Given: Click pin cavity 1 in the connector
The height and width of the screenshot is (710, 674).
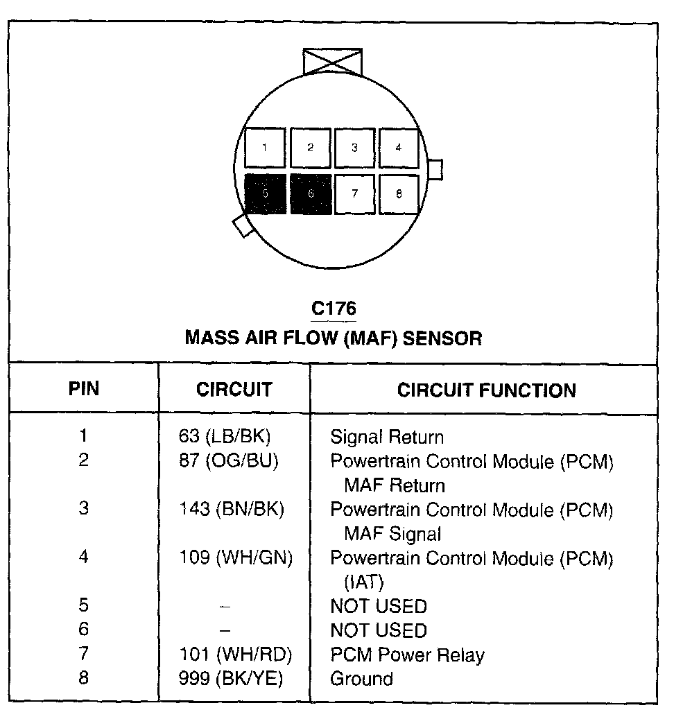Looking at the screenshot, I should (265, 148).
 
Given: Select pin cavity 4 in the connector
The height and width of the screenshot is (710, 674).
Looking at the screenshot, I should (399, 148).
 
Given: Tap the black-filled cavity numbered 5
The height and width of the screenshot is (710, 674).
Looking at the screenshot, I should (265, 194).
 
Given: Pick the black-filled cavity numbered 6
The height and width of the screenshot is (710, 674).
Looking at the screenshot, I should (310, 194).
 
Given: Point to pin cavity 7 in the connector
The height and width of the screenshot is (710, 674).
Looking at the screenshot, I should (354, 194).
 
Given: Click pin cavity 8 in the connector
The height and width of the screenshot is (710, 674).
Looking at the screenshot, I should (399, 194).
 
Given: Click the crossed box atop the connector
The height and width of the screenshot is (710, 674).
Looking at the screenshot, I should (333, 61).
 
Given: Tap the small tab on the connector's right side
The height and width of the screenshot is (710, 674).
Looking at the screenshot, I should (435, 169).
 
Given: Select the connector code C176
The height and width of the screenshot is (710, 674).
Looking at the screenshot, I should (334, 307).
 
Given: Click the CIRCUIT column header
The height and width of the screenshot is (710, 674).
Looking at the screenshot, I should (234, 390).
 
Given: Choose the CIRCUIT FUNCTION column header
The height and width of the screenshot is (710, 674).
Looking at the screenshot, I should (486, 390).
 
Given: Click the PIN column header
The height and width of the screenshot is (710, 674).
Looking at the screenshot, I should (83, 389).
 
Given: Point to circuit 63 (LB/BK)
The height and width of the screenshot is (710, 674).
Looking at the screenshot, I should (224, 437).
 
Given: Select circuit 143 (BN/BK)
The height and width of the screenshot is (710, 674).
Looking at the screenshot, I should (232, 509).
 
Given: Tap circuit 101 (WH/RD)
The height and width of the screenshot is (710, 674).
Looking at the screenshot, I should (235, 655).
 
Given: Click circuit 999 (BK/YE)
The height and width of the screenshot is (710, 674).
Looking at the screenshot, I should (230, 679).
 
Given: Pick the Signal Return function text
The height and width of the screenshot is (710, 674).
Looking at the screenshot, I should (386, 438).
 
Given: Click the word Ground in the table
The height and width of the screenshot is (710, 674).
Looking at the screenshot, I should (361, 679).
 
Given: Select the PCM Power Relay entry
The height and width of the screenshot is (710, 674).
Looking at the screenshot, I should (407, 655).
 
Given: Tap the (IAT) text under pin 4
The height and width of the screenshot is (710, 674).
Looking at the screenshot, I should (364, 582).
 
